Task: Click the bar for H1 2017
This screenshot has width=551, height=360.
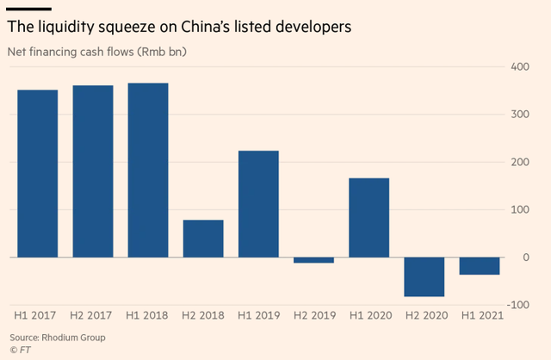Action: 37,173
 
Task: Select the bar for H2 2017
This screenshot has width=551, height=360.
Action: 92,171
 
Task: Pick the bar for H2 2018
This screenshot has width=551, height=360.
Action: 202,239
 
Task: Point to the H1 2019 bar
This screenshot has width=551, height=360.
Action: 257,204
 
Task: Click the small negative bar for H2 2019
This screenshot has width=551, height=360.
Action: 313,260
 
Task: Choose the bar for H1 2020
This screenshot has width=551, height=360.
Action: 368,218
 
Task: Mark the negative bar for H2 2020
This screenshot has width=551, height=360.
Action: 424,276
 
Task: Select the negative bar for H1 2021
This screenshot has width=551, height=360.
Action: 479,266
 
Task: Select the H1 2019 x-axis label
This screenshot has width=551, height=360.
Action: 257,315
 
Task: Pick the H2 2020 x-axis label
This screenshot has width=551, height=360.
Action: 424,315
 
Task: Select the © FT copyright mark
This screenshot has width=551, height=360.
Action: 20,350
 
